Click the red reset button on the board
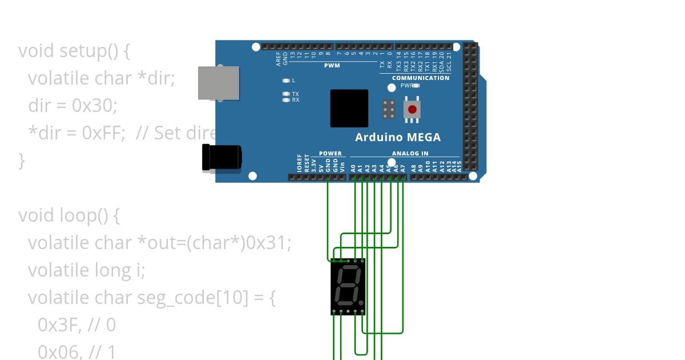[412, 109]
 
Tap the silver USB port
[218, 83]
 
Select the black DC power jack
[221, 158]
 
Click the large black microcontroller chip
[349, 109]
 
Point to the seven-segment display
[348, 286]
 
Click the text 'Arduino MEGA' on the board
[398, 137]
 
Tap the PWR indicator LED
[417, 85]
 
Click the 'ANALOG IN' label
[410, 153]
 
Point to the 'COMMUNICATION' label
[421, 78]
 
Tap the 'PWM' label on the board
[332, 65]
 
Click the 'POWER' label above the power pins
[330, 153]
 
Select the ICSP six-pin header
[389, 109]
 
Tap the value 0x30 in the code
[94, 106]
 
